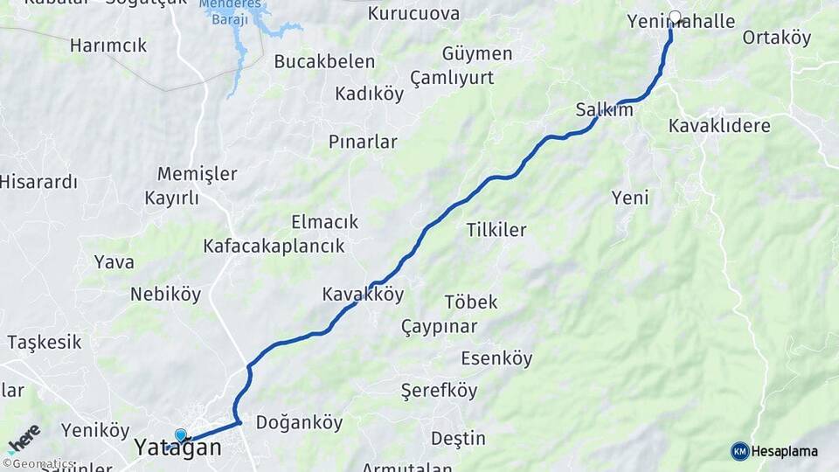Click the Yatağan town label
pos(177,448)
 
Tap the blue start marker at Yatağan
pos(181,434)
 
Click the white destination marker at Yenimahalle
pos(675,16)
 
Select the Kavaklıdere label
pos(719,126)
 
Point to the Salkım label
pos(604,110)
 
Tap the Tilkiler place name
pos(496,230)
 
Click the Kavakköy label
pos(363,295)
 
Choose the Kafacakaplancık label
pos(274,246)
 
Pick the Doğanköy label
pos(299,423)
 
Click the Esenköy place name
pos(496,358)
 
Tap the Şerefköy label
pos(439,390)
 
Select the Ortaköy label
pos(776,38)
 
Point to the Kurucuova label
pos(413,13)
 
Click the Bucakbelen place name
pos(324,61)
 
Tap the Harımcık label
pos(108,45)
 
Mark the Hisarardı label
pos(38,182)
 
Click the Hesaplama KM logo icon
pos(739,451)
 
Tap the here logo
pos(23,438)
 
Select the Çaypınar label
pos(439,327)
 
